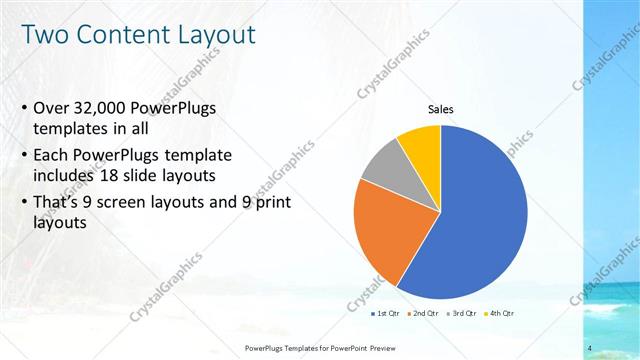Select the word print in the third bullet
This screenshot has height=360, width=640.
[270, 201]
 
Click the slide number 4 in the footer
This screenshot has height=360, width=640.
[591, 347]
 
